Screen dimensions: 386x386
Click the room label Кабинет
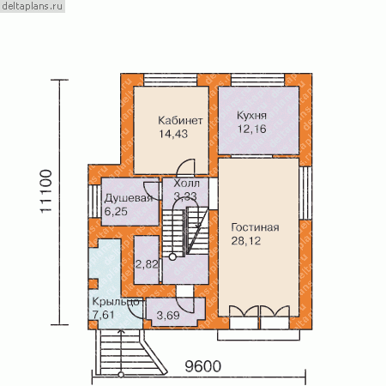click(180, 121)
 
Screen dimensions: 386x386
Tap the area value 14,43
click(173, 134)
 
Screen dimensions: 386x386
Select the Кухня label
click(251, 116)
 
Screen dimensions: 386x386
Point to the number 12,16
click(252, 129)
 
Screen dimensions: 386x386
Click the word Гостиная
click(255, 227)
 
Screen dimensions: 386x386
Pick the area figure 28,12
click(246, 241)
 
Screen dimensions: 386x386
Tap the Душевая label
click(129, 198)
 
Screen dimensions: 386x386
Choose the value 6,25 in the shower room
click(116, 212)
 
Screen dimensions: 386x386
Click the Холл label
click(187, 184)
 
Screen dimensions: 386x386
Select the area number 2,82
click(147, 264)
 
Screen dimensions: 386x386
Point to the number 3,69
click(168, 316)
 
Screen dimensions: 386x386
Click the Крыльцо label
click(116, 302)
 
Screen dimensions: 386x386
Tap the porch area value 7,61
click(104, 315)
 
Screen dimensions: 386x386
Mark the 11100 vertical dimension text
click(46, 191)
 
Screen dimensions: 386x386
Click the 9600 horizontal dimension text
click(203, 366)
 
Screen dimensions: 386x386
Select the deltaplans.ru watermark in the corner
click(32, 6)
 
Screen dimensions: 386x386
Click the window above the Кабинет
click(171, 80)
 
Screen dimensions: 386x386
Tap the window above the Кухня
click(258, 80)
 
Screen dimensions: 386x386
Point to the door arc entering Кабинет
click(185, 166)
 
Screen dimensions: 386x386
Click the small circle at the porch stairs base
click(121, 375)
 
